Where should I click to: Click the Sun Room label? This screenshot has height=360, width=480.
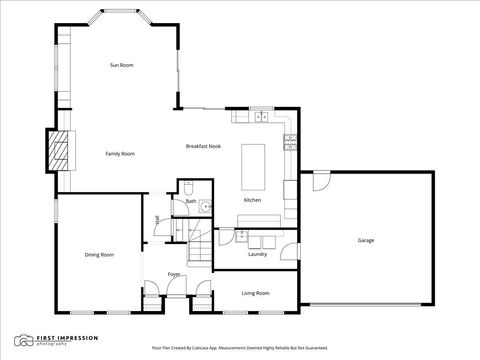pos(121,65)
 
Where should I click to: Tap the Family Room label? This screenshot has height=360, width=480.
pos(120,153)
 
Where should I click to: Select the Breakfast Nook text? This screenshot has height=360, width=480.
pos(203,146)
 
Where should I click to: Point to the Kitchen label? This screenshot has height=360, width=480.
pos(253,201)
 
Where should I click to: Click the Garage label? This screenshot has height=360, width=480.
pos(367,240)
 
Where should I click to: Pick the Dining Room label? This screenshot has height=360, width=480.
pos(99,255)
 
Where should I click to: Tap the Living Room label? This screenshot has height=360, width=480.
pos(256,293)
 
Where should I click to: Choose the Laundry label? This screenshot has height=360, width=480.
pos(257,254)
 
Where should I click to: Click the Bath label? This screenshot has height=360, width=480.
pos(190,201)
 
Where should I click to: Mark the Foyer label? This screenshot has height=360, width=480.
pos(174,273)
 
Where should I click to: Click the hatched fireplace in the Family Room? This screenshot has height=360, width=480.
pos(63,150)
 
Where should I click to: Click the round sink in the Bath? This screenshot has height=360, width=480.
pos(203,207)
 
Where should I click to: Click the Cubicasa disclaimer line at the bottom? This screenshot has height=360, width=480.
pos(239,348)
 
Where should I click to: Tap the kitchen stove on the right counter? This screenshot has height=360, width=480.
pos(290,143)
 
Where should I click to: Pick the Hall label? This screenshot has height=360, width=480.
pos(157,220)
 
